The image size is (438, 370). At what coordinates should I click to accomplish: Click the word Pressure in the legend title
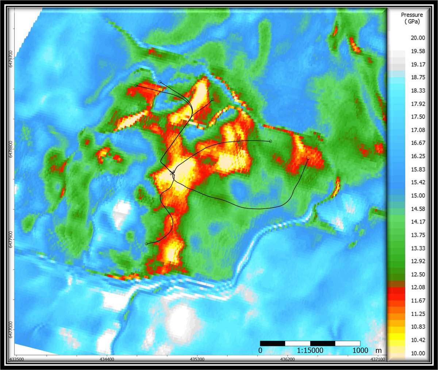tap(412, 15)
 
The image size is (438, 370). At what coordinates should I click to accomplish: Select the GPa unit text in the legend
tap(412, 22)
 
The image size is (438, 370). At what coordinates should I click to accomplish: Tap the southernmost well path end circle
tap(146, 244)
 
